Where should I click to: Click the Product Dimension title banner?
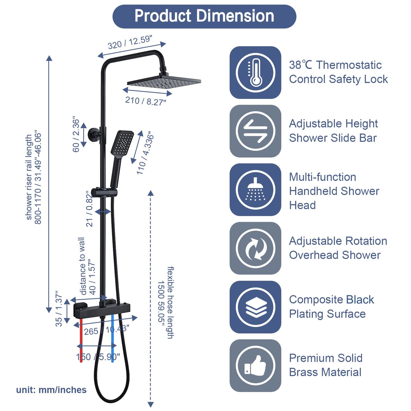click(204, 16)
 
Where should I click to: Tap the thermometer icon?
click(255, 73)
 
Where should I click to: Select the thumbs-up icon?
click(255, 365)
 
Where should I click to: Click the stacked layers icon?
click(255, 307)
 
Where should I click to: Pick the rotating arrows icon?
click(255, 248)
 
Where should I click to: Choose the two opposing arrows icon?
click(255, 131)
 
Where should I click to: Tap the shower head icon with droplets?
click(255, 190)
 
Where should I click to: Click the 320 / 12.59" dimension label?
click(130, 42)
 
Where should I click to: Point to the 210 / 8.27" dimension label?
click(145, 101)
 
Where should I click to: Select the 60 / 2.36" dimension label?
click(76, 134)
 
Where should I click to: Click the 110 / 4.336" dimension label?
click(145, 153)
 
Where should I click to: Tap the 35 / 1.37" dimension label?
click(59, 309)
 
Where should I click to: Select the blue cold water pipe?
click(113, 338)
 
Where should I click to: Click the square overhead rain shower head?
click(164, 82)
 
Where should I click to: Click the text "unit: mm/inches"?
click(51, 390)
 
